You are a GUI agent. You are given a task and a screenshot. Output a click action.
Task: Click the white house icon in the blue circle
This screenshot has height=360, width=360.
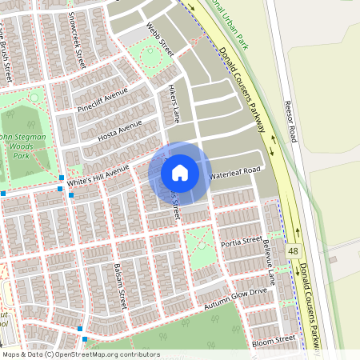[x=180, y=172]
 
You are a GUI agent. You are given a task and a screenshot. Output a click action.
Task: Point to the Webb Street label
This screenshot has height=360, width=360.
[x=160, y=39]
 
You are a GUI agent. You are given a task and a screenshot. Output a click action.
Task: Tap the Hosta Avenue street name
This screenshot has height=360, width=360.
[x=119, y=130]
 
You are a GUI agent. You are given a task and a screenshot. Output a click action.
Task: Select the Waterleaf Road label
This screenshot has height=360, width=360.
[x=235, y=172]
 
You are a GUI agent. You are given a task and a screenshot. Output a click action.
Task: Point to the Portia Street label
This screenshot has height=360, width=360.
[x=241, y=240]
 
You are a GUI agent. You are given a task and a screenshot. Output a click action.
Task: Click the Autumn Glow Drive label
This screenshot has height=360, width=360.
[x=234, y=299]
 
